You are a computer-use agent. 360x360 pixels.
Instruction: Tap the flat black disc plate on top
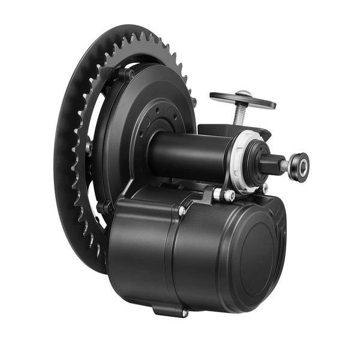click(242, 100)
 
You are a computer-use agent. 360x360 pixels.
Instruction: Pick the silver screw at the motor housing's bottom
click(185, 313)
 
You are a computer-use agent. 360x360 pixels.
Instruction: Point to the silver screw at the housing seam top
click(182, 211)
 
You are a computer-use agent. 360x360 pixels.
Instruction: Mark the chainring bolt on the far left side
click(88, 146)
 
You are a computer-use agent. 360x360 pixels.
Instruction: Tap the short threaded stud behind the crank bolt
click(284, 164)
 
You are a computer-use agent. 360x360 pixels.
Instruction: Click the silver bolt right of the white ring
click(265, 188)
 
